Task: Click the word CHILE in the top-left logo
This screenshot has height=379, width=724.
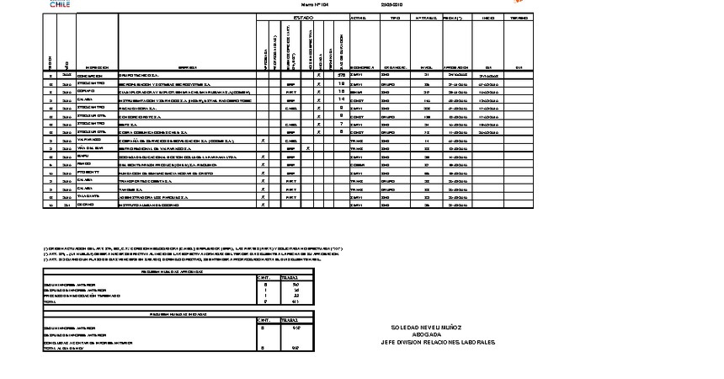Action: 60,5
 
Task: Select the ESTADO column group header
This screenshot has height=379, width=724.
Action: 302,18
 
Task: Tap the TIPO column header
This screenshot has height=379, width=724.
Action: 396,18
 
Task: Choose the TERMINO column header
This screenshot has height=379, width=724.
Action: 519,18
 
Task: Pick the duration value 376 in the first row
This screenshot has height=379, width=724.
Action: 342,75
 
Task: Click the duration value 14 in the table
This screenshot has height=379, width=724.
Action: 342,99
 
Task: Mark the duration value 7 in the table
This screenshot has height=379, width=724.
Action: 342,124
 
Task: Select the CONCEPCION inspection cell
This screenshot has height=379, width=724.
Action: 91,75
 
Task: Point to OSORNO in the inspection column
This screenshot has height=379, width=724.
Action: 87,204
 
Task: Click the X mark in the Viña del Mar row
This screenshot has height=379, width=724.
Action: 308,147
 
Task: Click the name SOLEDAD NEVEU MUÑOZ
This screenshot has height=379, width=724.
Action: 437,327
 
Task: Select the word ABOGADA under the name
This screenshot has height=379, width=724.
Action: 437,334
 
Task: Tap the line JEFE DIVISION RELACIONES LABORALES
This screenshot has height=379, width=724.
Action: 437,342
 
